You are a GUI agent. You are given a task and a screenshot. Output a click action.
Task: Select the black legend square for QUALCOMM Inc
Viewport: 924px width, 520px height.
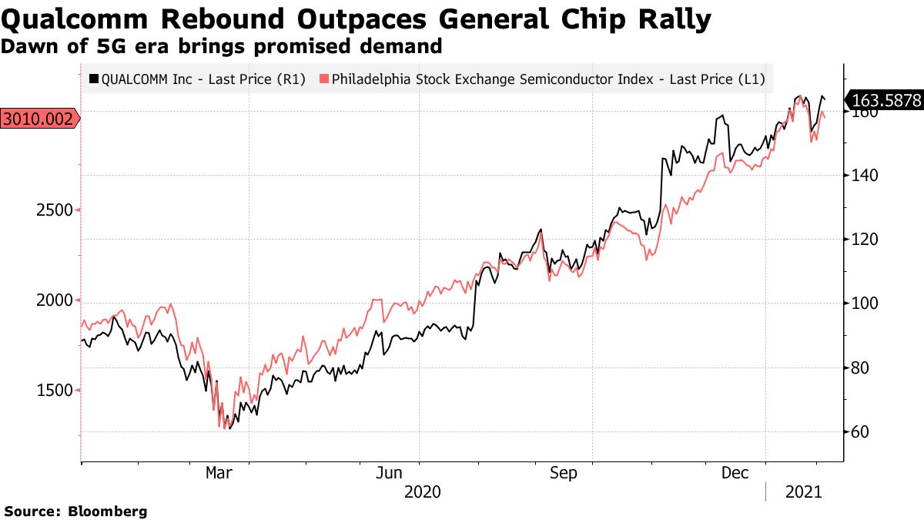click(94, 79)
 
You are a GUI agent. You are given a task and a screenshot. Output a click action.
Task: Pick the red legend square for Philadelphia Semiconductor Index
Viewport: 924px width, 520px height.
click(323, 79)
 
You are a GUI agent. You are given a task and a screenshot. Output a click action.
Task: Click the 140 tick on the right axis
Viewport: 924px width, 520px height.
click(863, 176)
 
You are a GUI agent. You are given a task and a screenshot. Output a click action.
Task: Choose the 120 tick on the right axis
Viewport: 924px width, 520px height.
click(863, 240)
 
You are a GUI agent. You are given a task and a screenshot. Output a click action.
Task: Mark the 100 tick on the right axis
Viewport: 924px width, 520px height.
click(863, 304)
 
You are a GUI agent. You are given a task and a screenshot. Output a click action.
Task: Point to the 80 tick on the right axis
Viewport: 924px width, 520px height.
click(859, 368)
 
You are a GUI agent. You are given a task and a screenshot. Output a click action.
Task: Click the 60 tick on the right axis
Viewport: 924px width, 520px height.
click(859, 432)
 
